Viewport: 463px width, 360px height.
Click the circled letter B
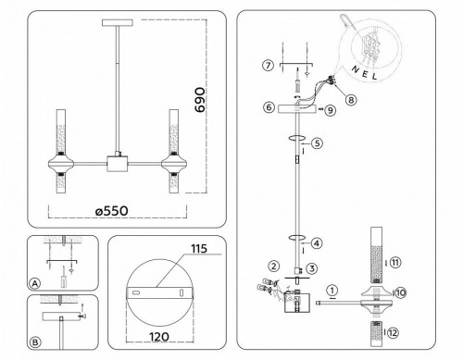click(35, 342)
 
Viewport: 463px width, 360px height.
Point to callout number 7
click(268, 65)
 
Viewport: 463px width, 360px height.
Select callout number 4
click(317, 244)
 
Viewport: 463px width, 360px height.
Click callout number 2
click(274, 267)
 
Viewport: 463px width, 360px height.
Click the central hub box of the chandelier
click(119, 163)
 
